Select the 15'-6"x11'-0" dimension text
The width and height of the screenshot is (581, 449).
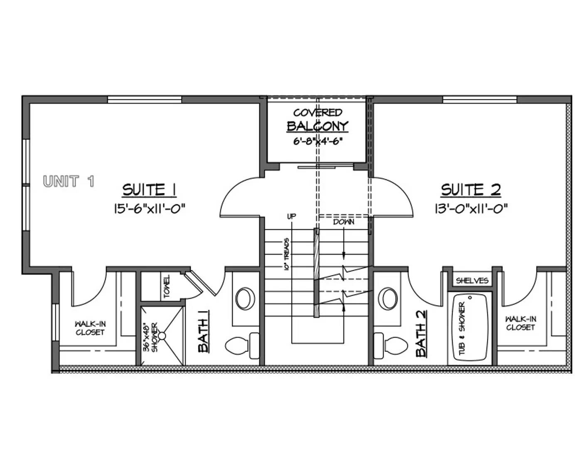point(150,209)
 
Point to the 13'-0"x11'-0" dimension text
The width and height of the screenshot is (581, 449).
point(471,209)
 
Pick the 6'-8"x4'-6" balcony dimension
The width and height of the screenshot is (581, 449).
point(318,141)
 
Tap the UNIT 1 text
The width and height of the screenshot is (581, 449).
point(69,181)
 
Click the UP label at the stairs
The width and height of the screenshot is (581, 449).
point(291,216)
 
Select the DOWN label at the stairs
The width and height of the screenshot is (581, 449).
point(344,222)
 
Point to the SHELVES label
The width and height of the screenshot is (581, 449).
point(472,281)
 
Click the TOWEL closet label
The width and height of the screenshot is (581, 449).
point(167,287)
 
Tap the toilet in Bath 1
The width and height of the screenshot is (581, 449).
point(242,346)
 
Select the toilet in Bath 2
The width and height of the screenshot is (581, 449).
point(390,346)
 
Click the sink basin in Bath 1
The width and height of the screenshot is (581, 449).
point(245,299)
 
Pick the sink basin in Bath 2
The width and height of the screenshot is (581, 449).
point(388,299)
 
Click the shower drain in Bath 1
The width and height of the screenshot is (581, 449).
point(162,336)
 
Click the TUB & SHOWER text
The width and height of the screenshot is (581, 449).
point(462,329)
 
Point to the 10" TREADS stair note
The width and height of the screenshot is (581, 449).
point(287,254)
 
